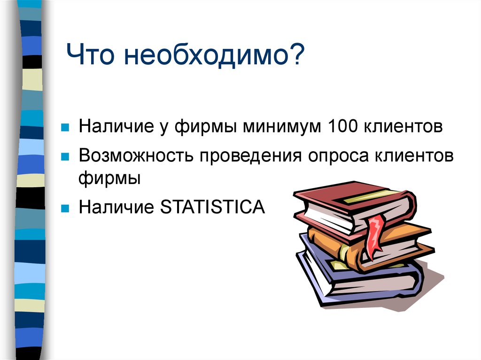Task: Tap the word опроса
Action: (338, 156)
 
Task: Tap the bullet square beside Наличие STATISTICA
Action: (66, 207)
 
